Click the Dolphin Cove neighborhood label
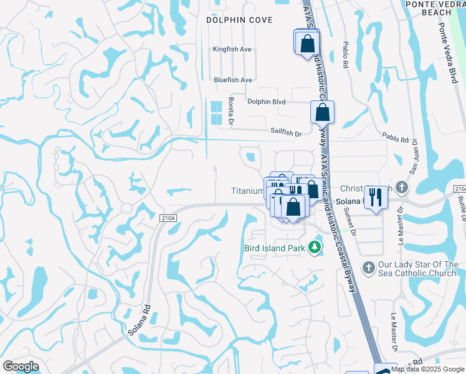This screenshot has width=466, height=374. click(240, 20)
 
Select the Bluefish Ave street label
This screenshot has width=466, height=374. click(232, 80)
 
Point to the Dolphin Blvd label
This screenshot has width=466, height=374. click(266, 102)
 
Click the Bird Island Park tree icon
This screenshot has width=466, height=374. click(315, 247)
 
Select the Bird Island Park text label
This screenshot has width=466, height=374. click(274, 248)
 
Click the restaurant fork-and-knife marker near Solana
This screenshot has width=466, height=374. click(375, 197)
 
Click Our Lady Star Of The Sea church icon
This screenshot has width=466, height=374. click(368, 267)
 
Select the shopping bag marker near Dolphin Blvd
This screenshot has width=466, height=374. click(322, 113)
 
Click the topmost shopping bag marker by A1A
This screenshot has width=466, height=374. click(307, 44)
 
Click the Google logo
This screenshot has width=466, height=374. click(21, 367)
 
